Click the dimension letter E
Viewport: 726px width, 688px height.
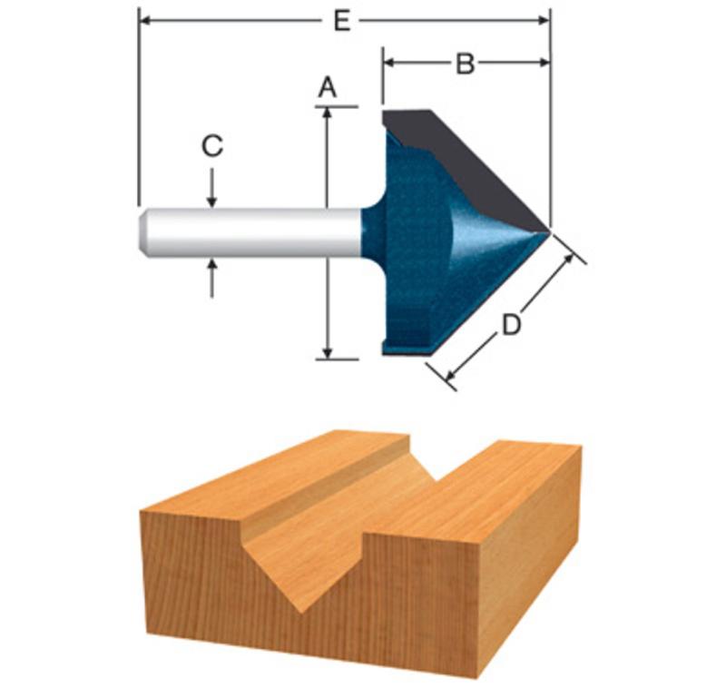(x=342, y=21)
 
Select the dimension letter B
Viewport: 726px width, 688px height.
(x=466, y=63)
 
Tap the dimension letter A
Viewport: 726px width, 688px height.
(x=328, y=87)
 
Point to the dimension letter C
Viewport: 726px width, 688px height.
(x=212, y=145)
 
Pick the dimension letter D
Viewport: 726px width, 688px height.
(x=512, y=325)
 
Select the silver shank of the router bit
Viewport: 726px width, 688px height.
(x=250, y=232)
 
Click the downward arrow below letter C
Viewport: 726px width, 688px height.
(x=212, y=188)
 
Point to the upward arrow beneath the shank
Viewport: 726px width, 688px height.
(x=212, y=279)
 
